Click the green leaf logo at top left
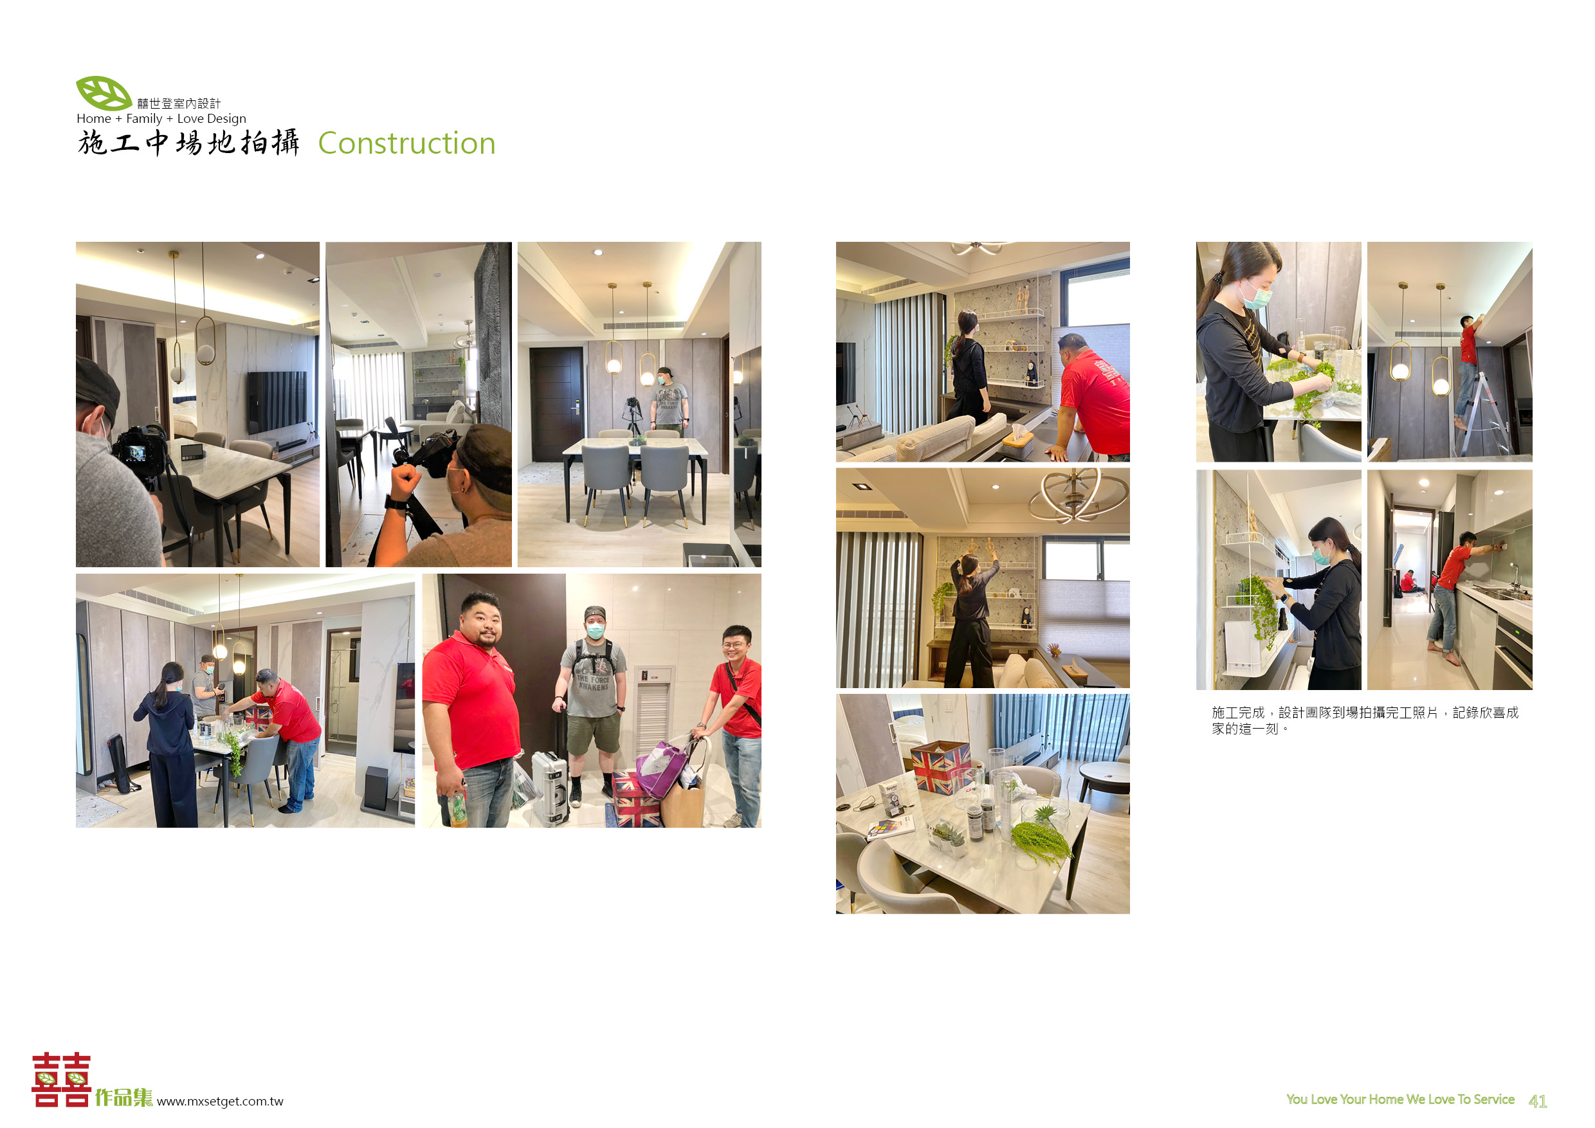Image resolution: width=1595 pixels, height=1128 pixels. click(104, 93)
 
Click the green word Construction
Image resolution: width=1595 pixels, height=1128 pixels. click(406, 143)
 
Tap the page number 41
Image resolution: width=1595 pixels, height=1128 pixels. click(1537, 1101)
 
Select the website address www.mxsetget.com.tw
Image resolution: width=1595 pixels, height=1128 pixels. click(220, 1101)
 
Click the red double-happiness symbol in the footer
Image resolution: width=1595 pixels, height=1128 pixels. click(61, 1078)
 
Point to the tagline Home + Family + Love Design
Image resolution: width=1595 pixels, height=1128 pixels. click(161, 118)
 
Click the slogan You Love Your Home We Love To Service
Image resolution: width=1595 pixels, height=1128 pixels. click(1399, 1099)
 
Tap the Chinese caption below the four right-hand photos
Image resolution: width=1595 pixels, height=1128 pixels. click(1364, 720)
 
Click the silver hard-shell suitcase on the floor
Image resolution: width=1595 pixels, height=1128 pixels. click(550, 788)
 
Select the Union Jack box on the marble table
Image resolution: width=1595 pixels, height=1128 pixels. click(940, 765)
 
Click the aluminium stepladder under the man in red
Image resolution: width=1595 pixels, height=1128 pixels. click(1483, 414)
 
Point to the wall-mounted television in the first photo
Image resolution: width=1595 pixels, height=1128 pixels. click(277, 399)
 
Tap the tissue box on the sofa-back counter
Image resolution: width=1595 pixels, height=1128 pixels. click(1018, 442)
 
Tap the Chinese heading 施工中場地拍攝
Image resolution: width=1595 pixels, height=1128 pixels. click(188, 142)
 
